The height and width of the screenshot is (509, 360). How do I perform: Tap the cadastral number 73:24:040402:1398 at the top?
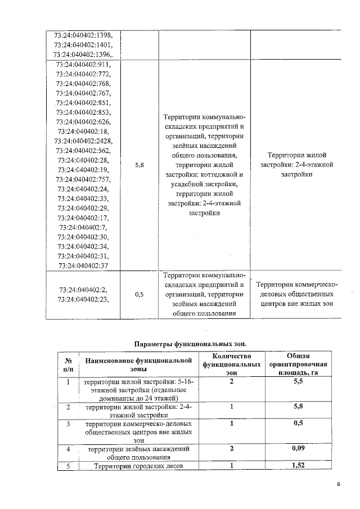(83, 35)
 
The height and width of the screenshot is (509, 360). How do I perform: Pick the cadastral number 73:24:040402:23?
(83, 299)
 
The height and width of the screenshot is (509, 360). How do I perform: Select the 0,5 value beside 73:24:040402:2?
(139, 294)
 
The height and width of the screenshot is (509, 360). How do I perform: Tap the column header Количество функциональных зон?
(231, 364)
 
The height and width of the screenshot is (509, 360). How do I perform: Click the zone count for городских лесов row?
(231, 466)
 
